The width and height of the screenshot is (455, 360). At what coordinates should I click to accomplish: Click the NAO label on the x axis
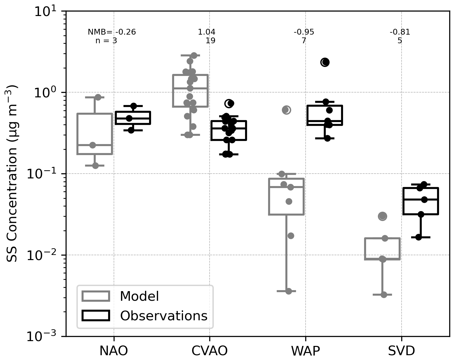[114, 351]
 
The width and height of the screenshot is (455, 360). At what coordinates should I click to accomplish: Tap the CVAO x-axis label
[210, 351]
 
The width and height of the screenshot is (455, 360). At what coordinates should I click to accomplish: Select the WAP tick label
[305, 351]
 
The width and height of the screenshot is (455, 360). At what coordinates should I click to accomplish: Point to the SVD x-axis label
[401, 351]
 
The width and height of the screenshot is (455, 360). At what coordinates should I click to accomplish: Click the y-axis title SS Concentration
[12, 173]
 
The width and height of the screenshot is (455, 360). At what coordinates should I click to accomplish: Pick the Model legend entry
[139, 296]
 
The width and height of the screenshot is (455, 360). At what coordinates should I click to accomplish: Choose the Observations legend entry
[164, 316]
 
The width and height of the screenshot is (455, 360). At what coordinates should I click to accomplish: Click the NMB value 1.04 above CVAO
[206, 32]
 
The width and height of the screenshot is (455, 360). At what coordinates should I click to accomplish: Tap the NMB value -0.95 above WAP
[304, 32]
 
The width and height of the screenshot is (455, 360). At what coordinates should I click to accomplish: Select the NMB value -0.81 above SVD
[400, 32]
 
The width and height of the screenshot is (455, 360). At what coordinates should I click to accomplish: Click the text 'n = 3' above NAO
[106, 41]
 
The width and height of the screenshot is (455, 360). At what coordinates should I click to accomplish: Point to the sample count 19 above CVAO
[211, 41]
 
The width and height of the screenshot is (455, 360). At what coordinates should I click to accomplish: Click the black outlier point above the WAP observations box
[325, 62]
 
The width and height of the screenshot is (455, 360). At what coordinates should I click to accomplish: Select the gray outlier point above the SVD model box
[382, 217]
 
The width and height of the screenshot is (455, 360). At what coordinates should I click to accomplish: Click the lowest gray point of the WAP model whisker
[289, 291]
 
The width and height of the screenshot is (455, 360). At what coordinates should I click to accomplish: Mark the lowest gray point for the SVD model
[384, 295]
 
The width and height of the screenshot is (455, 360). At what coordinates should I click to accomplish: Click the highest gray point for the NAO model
[98, 97]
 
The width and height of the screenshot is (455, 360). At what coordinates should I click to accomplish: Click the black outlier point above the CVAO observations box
[229, 103]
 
